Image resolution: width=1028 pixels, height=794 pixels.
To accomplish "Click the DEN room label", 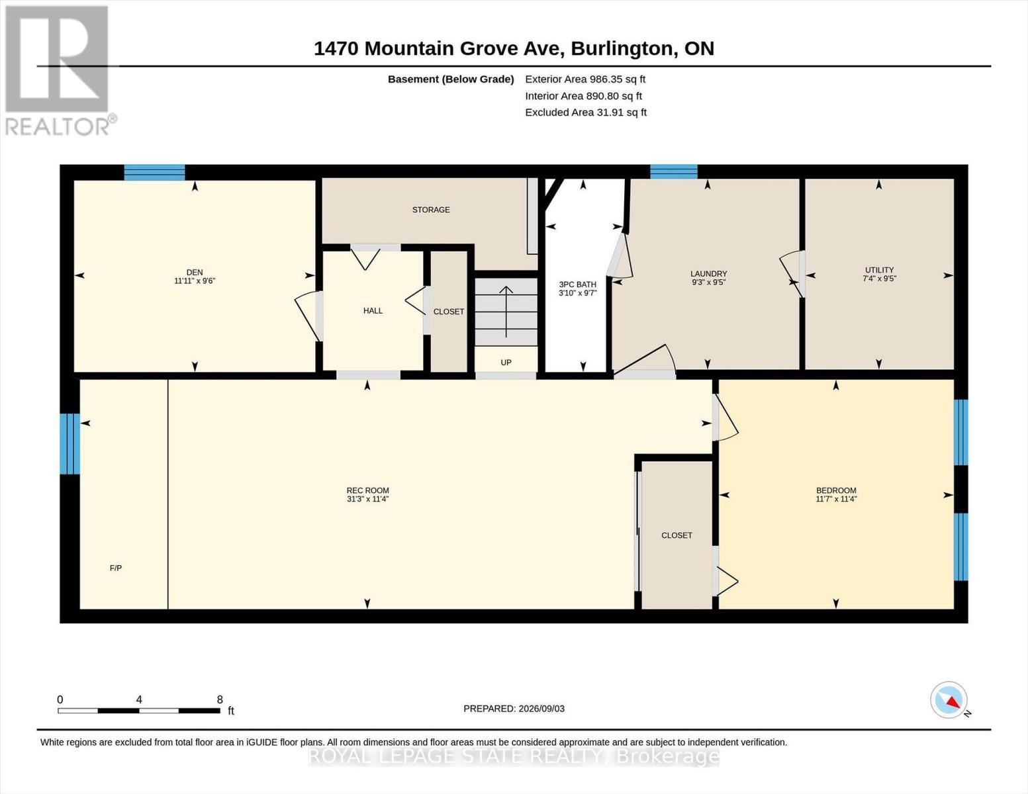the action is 195,273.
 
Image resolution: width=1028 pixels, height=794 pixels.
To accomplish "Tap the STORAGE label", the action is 431,210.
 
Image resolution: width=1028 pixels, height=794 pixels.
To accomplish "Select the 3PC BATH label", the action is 578,285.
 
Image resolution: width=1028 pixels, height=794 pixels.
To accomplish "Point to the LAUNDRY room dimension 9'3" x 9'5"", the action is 708,283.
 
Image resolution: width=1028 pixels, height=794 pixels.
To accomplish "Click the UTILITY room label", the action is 880,270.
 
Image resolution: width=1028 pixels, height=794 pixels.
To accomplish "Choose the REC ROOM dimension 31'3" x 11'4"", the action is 367,499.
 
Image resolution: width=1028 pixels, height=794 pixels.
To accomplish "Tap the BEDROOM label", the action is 837,490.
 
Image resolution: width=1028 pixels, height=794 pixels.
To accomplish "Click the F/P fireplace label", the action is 116,568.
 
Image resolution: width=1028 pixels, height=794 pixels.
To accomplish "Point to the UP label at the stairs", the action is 506,362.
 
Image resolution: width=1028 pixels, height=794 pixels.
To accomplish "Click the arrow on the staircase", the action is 506,312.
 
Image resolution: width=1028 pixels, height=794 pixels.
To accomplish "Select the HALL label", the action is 373,311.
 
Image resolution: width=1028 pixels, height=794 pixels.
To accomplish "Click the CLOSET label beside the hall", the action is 449,312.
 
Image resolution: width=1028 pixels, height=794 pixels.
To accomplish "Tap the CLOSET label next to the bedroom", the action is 677,535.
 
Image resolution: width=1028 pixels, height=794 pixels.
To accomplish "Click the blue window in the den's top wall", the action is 154,173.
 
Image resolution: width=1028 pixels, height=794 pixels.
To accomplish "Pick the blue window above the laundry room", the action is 674,171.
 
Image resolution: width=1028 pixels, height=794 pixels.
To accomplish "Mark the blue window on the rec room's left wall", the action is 70,443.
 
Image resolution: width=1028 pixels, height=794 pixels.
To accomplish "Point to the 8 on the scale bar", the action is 220,699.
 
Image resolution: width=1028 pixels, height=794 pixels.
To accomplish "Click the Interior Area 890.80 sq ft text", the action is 583,96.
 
